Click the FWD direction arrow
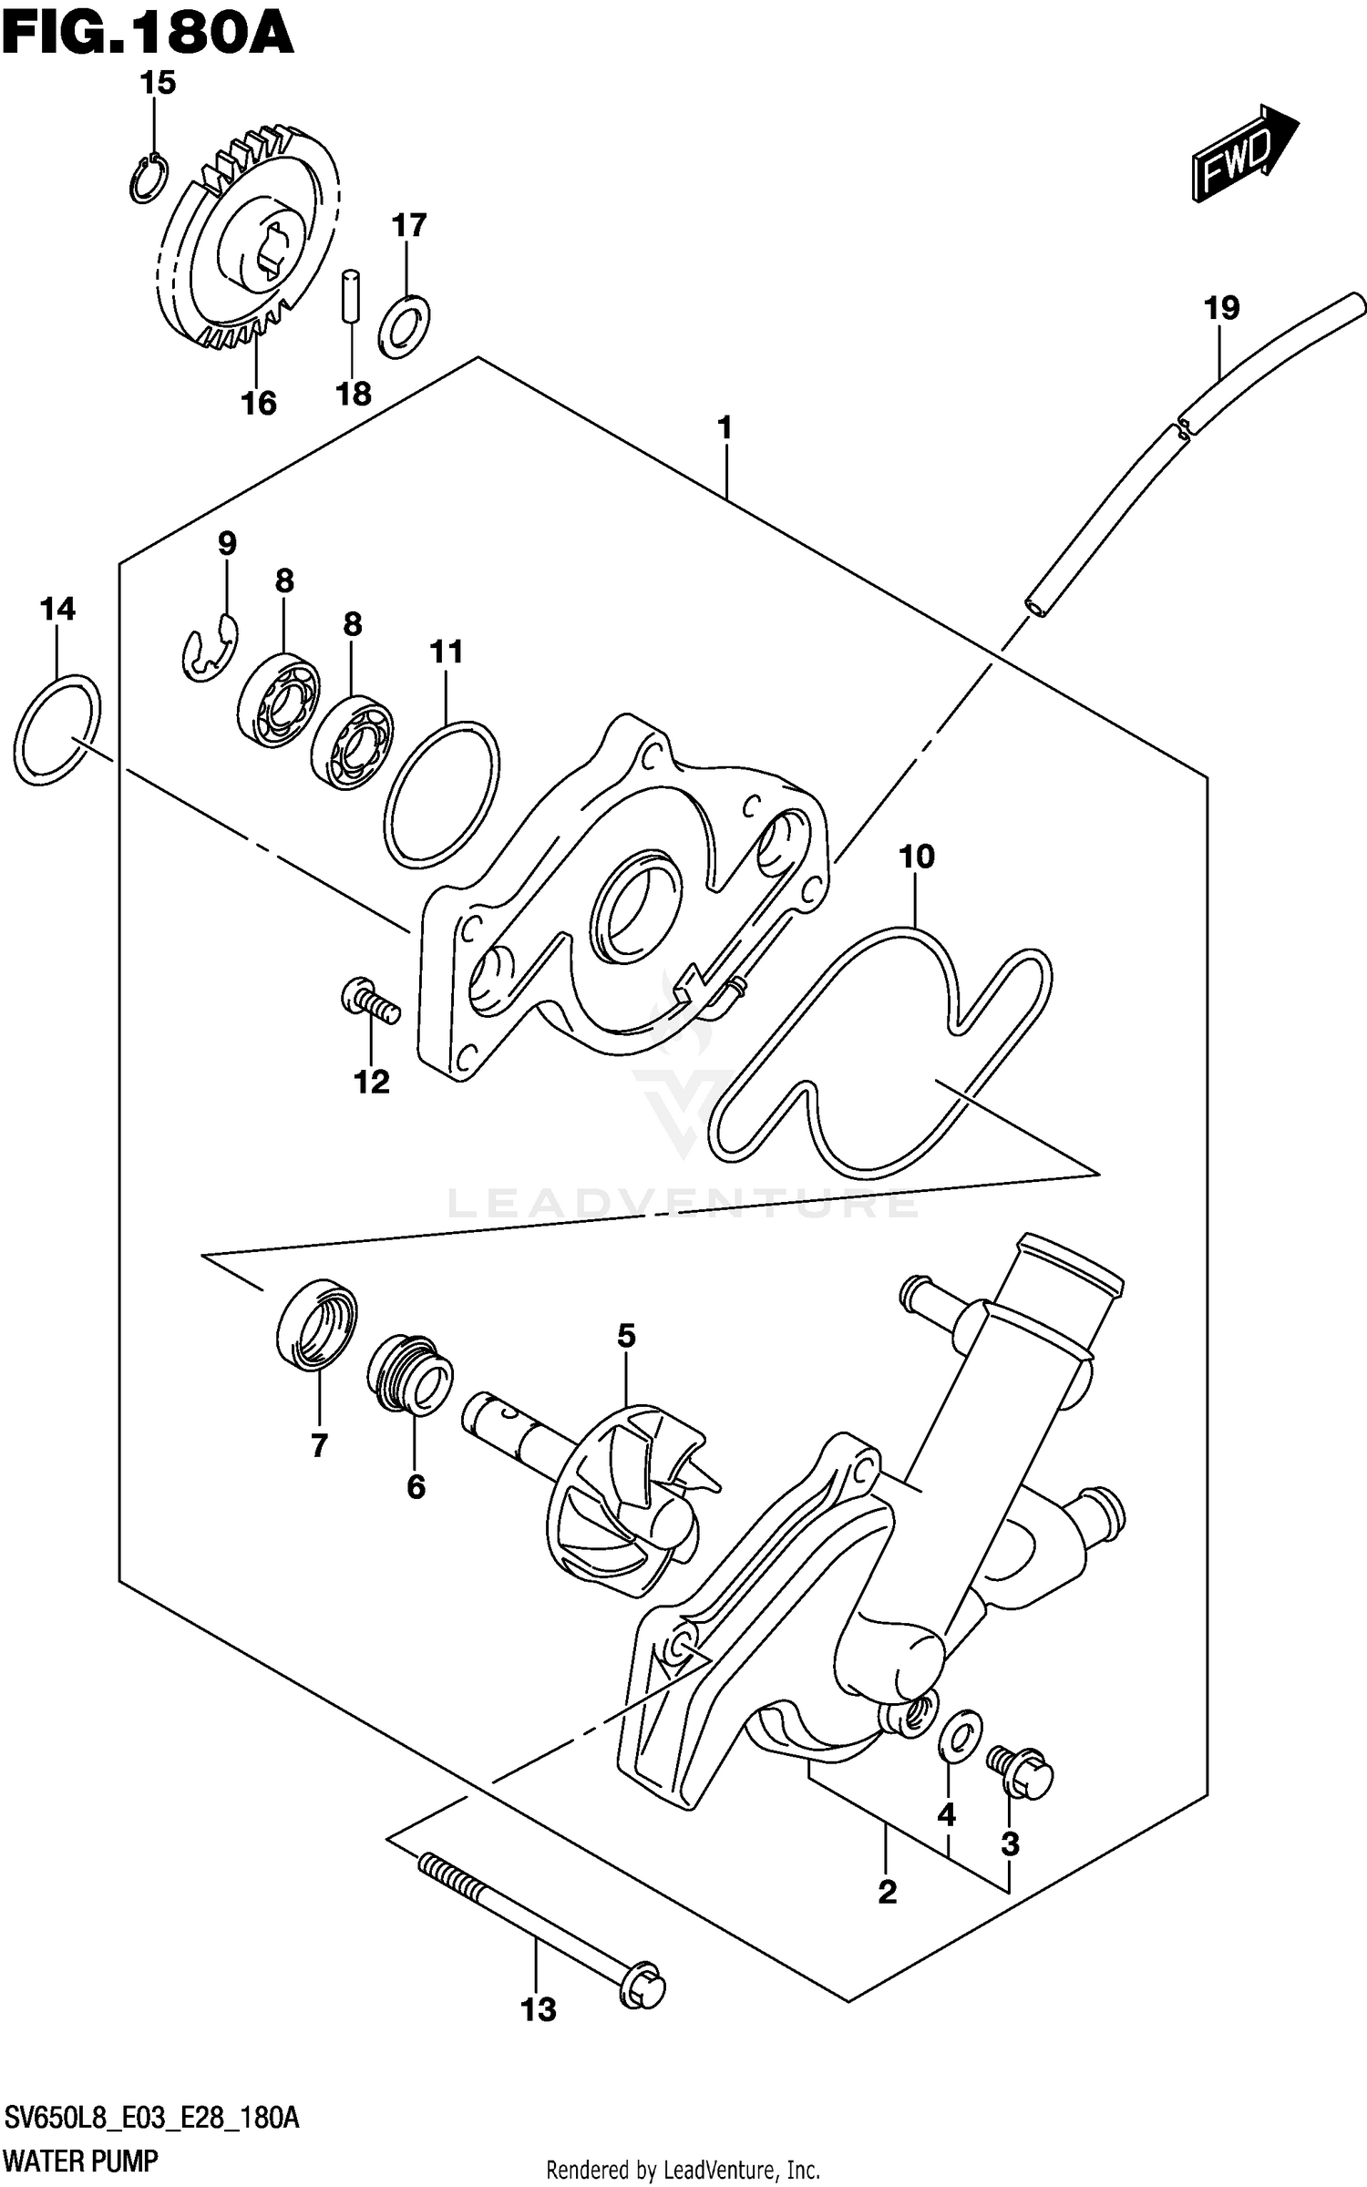1244,152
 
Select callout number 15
157,83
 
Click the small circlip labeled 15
147,179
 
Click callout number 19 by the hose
1221,308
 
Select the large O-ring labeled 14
57,729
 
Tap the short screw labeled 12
369,1000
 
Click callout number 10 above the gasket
917,857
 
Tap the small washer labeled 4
959,1732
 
